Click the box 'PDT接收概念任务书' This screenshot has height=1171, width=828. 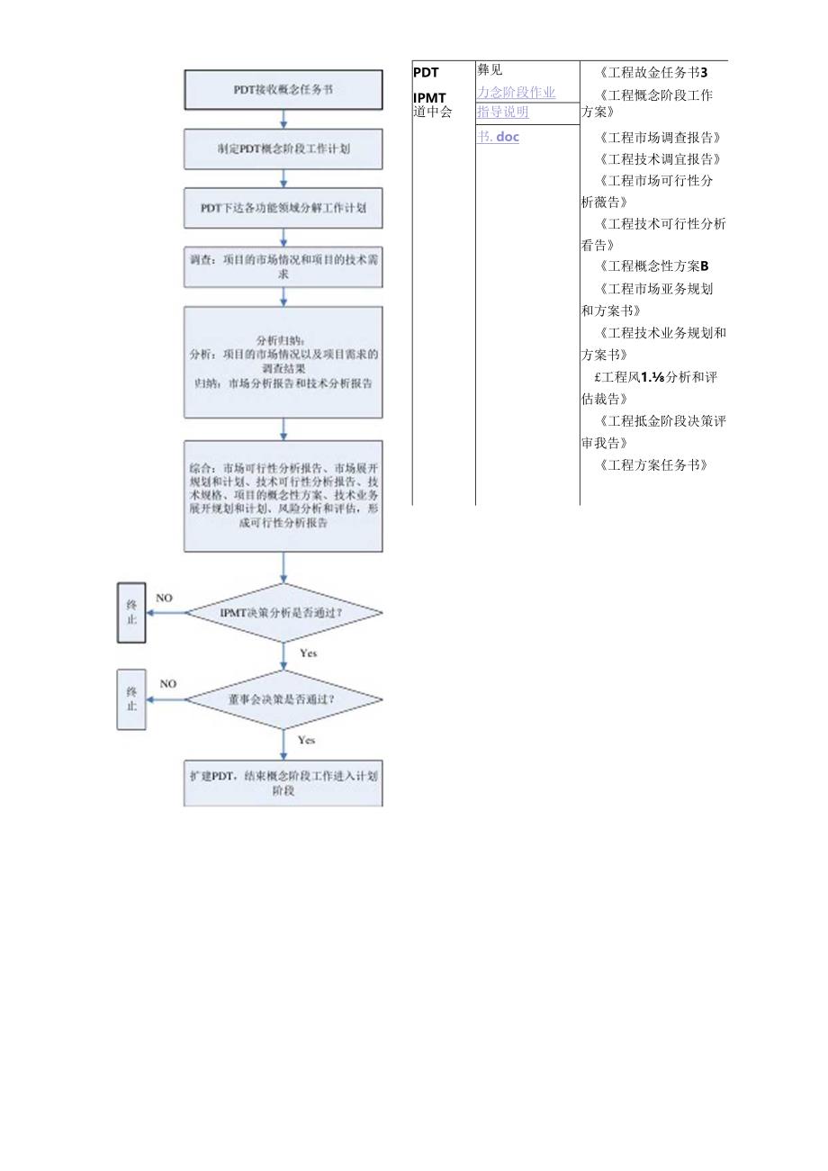283,90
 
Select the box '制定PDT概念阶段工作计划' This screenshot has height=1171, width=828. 283,149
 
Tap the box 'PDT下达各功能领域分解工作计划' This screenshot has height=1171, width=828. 283,208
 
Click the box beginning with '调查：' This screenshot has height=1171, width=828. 283,266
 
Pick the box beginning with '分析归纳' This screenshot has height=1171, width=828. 283,362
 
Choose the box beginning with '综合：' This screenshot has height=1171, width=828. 283,496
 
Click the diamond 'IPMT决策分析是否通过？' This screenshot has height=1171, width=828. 283,613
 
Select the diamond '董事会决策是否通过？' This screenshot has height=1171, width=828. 283,698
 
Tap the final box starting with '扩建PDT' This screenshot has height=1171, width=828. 283,783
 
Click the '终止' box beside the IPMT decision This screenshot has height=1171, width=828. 131,613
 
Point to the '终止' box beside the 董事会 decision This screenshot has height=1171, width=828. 131,698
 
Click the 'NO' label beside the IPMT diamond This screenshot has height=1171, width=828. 164,598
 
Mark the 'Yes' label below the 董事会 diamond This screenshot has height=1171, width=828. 306,740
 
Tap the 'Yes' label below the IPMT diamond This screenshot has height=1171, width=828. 308,653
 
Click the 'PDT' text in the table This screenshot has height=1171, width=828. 426,73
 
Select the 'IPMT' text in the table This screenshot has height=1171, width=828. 429,97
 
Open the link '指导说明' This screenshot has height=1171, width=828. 503,113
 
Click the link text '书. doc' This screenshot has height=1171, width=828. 499,137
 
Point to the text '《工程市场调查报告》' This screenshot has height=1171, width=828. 659,138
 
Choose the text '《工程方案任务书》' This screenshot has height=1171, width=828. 652,465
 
